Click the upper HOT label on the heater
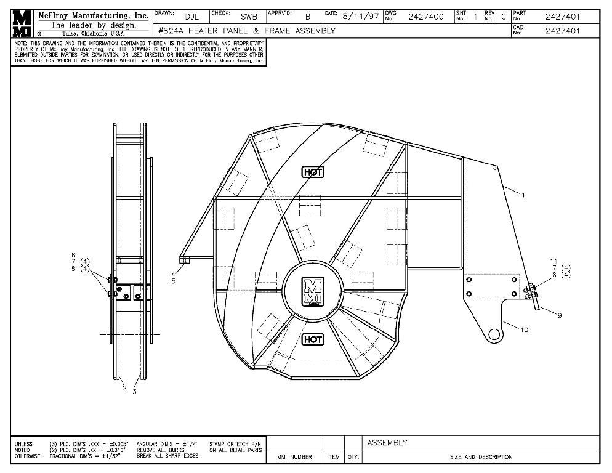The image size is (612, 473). [313, 172]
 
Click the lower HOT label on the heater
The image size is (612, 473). [313, 339]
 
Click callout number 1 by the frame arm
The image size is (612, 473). [523, 195]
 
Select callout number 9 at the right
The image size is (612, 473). [560, 315]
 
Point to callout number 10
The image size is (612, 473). [525, 329]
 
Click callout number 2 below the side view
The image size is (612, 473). [124, 388]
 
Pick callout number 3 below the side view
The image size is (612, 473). [135, 391]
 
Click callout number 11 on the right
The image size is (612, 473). [554, 261]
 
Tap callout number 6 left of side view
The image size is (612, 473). [73, 255]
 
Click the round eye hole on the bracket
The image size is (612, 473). [494, 334]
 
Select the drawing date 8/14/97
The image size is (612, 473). [361, 17]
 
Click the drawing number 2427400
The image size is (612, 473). [426, 17]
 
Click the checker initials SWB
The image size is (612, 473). [241, 17]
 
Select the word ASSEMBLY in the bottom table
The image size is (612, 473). [387, 443]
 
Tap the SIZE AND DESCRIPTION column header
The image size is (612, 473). [481, 457]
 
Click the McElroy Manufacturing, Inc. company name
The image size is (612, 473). [93, 15]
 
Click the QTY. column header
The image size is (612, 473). [353, 457]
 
